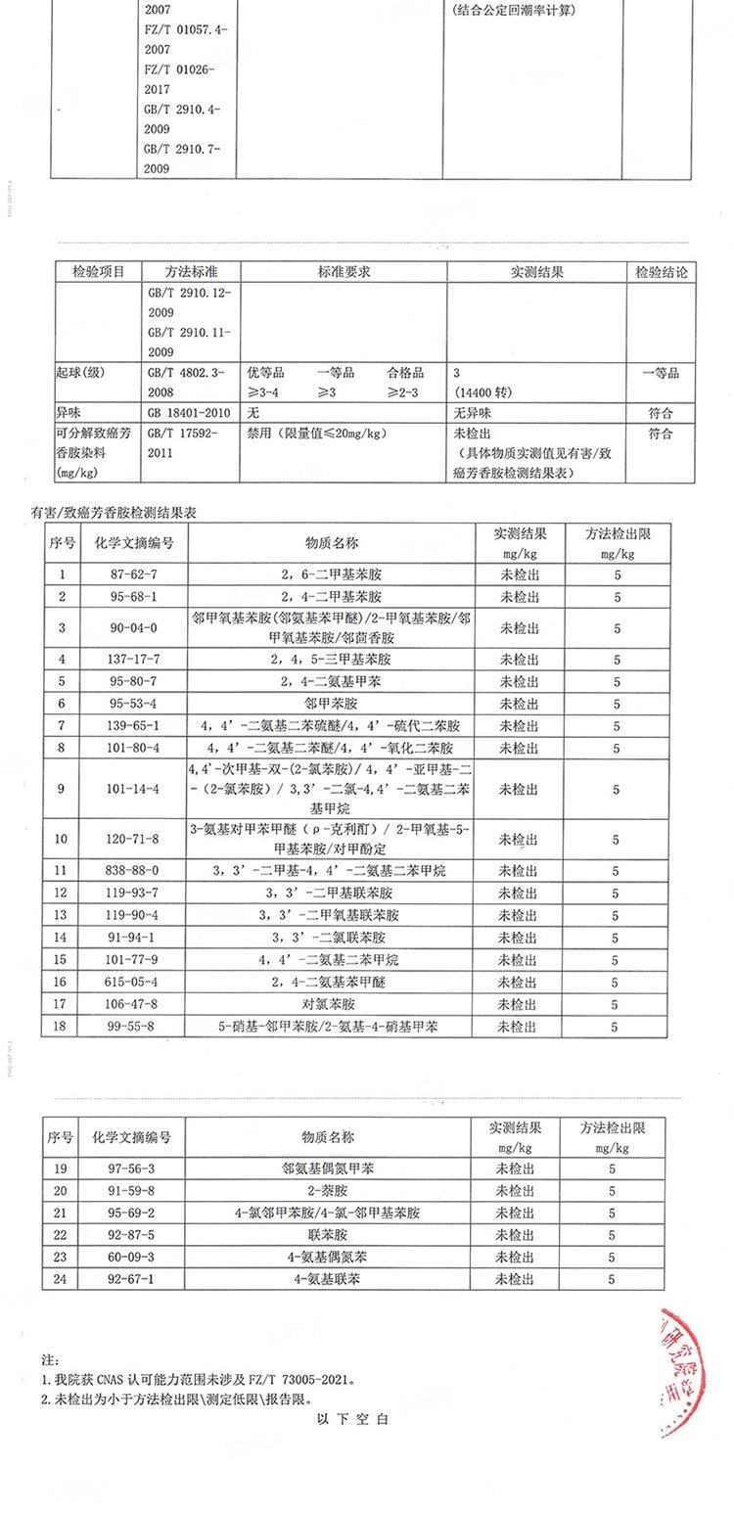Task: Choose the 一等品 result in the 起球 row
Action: (661, 373)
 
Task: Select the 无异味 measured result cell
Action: (474, 413)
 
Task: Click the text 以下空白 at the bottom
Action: (353, 1419)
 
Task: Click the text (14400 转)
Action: (483, 392)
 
